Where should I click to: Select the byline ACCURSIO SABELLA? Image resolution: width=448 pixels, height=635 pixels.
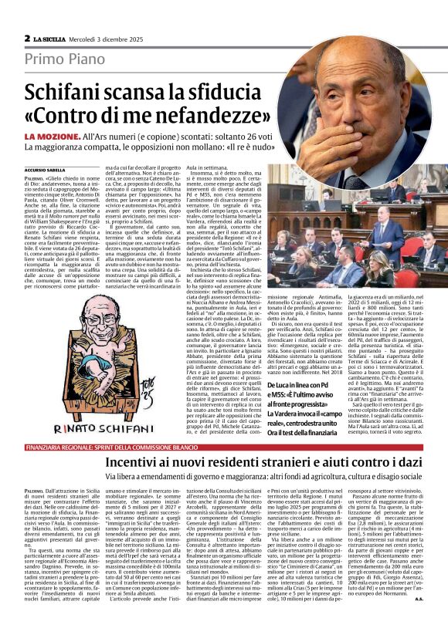point(45,169)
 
